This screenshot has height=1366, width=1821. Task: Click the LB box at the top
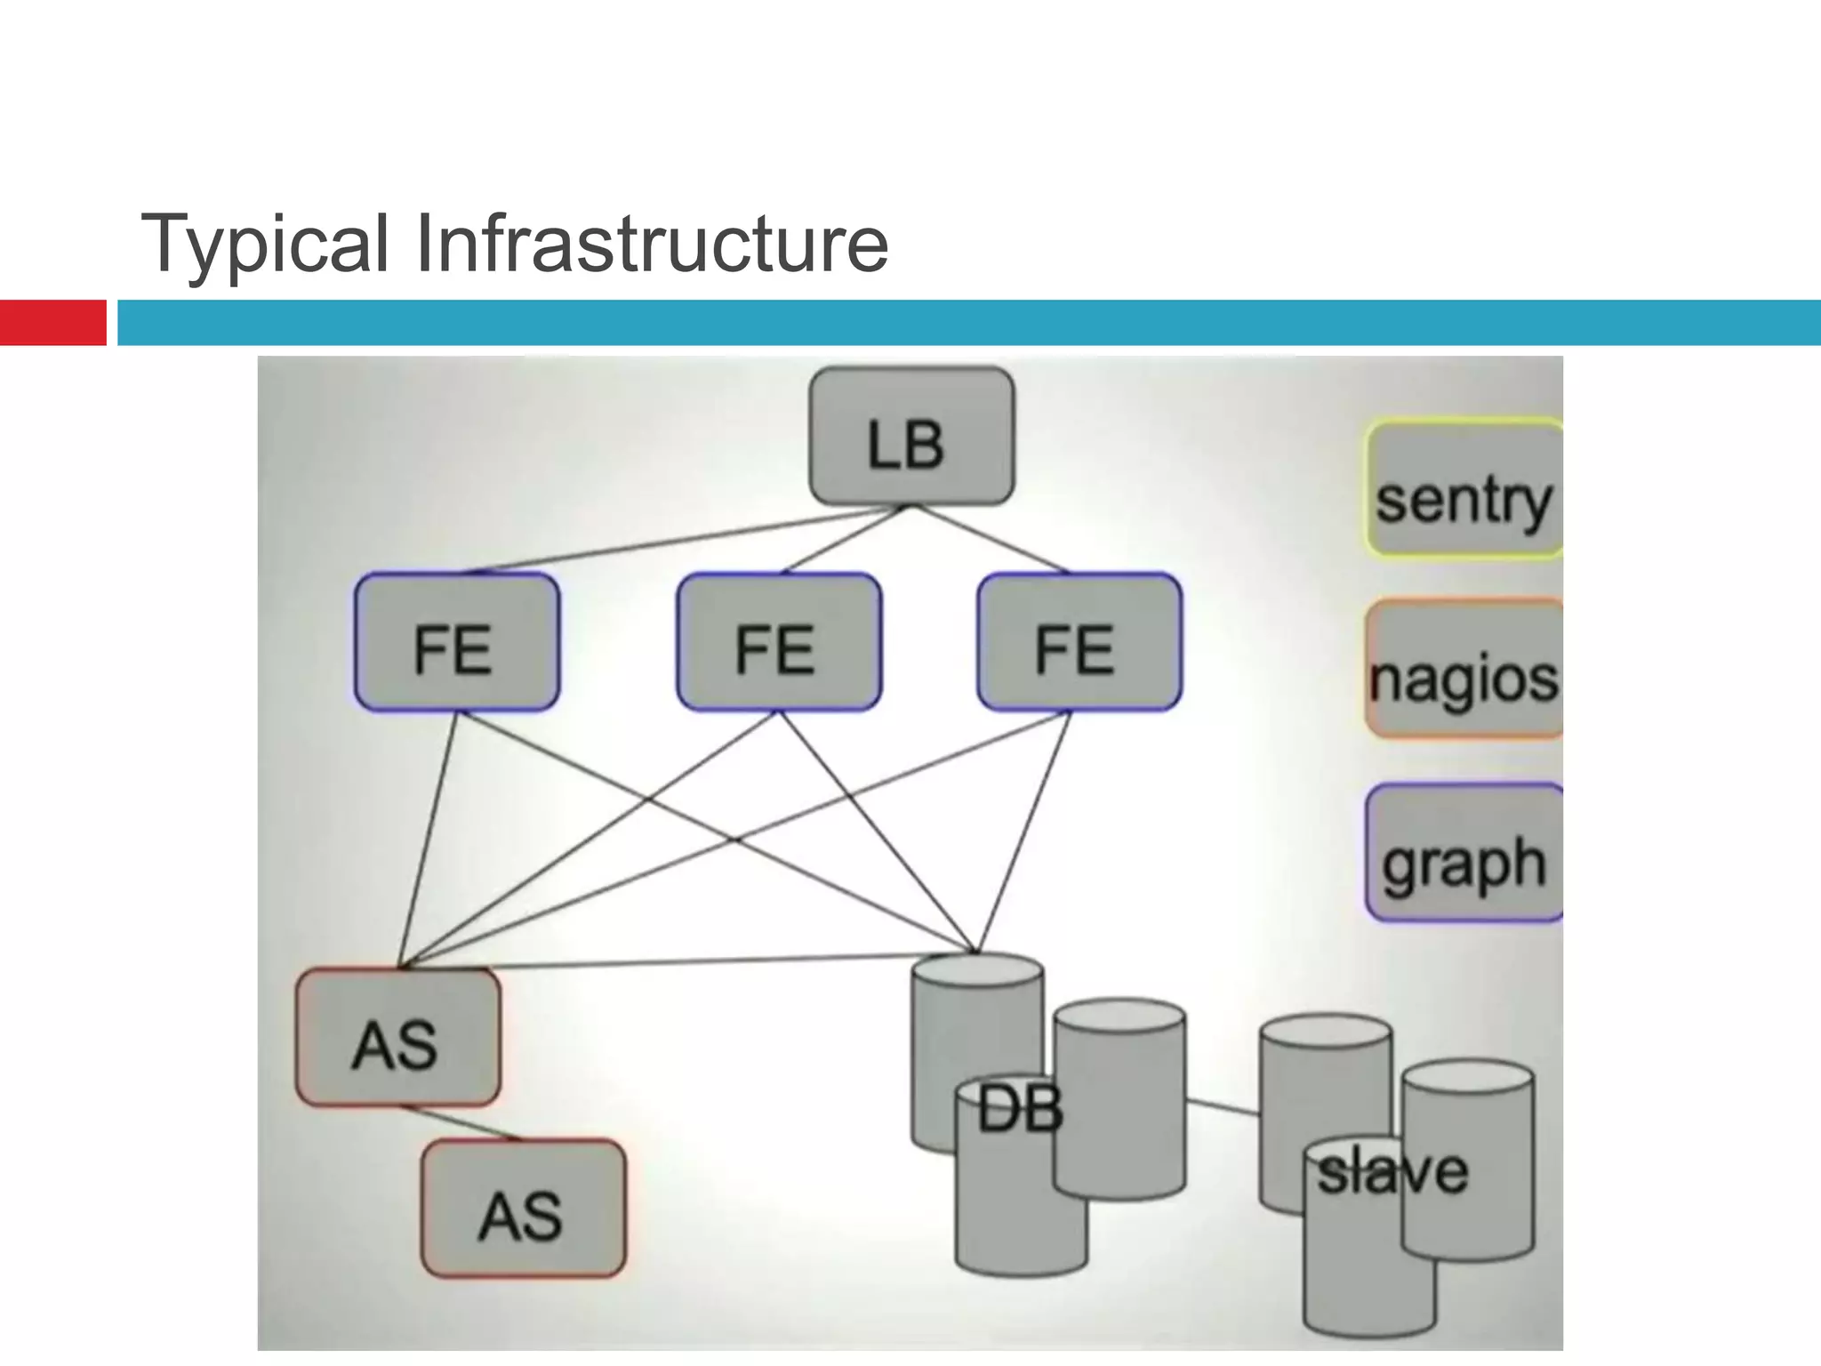(x=911, y=437)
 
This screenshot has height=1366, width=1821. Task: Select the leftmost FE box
(x=456, y=642)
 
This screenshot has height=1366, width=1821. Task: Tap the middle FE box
(x=779, y=642)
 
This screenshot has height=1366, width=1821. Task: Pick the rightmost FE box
(x=1079, y=642)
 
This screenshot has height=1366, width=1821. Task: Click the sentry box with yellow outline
(x=1464, y=488)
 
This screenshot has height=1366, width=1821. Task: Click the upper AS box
(x=397, y=1037)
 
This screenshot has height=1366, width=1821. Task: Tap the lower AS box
(x=523, y=1209)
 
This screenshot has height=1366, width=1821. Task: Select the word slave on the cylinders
(x=1392, y=1171)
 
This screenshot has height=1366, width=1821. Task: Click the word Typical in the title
(x=265, y=244)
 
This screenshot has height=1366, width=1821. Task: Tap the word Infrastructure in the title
(x=651, y=244)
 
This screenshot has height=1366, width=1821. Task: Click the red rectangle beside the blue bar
(x=52, y=323)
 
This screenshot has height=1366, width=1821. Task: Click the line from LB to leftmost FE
(x=685, y=540)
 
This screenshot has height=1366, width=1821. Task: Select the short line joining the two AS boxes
(x=462, y=1123)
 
